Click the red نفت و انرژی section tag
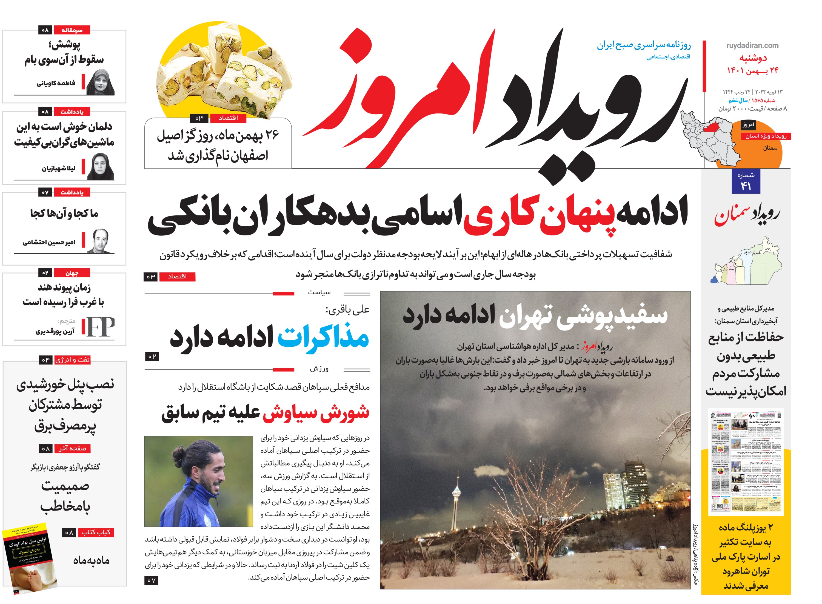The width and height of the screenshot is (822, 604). tap(72, 360)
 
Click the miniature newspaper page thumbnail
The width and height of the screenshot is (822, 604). tap(746, 461)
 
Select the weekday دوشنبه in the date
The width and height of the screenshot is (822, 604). tap(753, 58)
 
